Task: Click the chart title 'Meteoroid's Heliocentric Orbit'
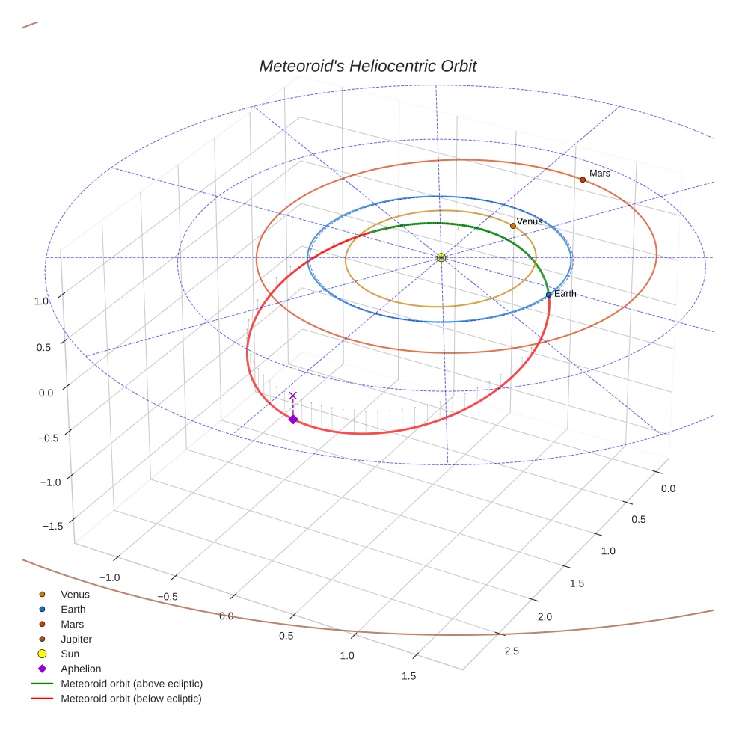[367, 66]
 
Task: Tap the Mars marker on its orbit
[583, 180]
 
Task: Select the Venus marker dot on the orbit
[512, 226]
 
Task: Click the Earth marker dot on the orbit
[549, 295]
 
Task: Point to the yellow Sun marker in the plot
[441, 257]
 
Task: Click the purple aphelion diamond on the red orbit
[293, 420]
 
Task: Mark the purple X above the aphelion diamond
[292, 396]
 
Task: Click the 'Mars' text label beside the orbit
[600, 174]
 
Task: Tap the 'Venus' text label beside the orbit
[530, 221]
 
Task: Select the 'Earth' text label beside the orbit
[565, 294]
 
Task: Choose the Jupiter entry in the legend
[76, 639]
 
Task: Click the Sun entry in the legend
[70, 654]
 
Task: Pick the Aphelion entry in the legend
[81, 669]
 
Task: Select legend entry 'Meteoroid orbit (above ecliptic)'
[132, 684]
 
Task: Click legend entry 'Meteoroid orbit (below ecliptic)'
[132, 699]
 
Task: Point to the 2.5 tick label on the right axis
[512, 651]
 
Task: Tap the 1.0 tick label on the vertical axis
[40, 301]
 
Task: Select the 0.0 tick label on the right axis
[668, 489]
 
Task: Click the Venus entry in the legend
[75, 595]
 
